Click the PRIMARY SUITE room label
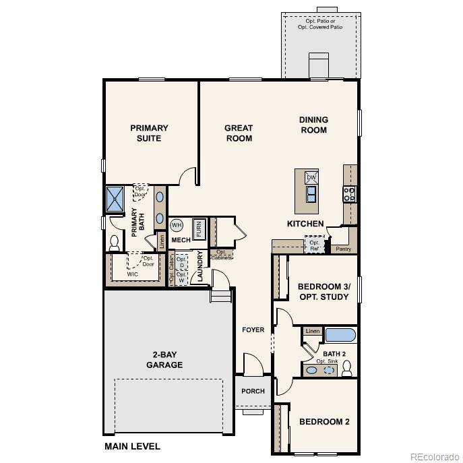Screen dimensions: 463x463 click(149, 133)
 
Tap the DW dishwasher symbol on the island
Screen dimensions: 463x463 click(311, 178)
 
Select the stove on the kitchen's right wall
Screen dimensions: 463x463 click(350, 194)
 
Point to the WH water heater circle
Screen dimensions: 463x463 click(177, 226)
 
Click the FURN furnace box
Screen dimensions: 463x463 click(199, 228)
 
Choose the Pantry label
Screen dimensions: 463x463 click(343, 249)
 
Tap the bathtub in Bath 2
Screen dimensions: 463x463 click(340, 335)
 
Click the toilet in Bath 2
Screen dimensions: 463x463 click(347, 368)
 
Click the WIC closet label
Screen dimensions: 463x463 click(133, 274)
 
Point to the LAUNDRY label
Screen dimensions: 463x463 click(199, 266)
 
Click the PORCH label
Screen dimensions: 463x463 click(253, 391)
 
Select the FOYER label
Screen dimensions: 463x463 click(253, 330)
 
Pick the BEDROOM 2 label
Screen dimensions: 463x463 click(324, 422)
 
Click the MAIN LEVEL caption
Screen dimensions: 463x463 click(132, 446)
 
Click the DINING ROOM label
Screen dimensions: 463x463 click(313, 125)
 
